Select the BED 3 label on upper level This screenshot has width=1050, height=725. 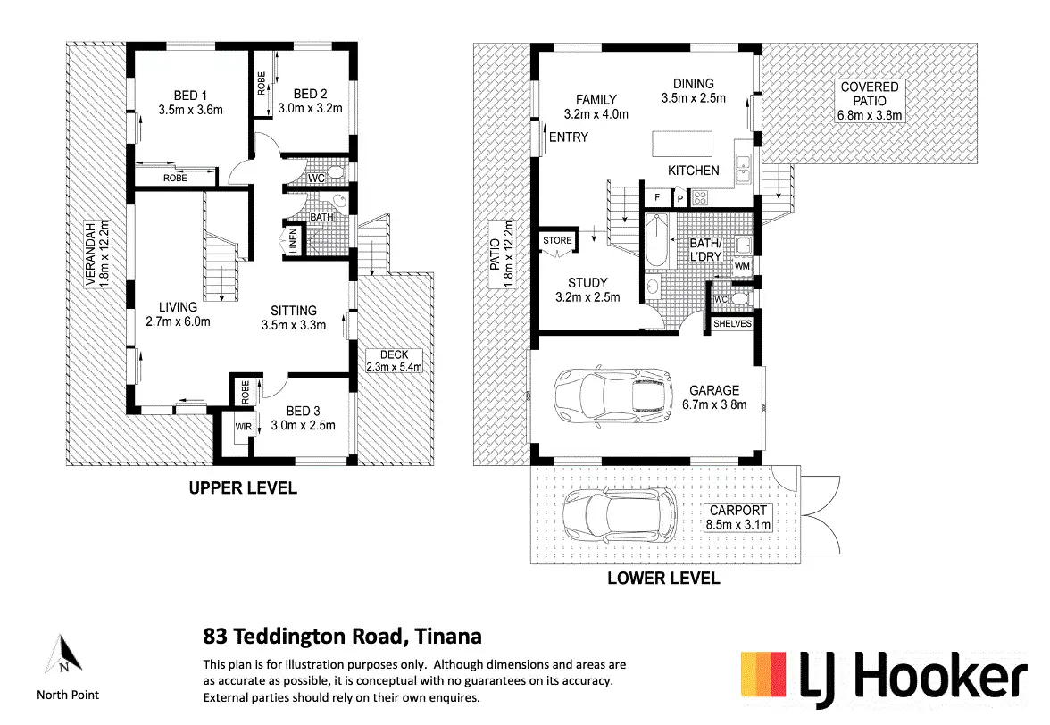(x=304, y=411)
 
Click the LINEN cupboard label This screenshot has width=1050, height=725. (x=293, y=241)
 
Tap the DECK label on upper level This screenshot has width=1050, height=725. (x=394, y=354)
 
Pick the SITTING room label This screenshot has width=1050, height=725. (x=294, y=311)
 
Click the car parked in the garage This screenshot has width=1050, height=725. (x=613, y=394)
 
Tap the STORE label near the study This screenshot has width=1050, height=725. (x=557, y=240)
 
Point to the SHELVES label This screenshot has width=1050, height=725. (x=732, y=323)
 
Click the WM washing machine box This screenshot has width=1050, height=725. (x=742, y=267)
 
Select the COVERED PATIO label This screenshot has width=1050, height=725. (x=869, y=87)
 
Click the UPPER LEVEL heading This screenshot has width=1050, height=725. (x=242, y=488)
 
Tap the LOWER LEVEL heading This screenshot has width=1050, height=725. (x=663, y=578)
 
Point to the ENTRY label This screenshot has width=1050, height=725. (x=569, y=137)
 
